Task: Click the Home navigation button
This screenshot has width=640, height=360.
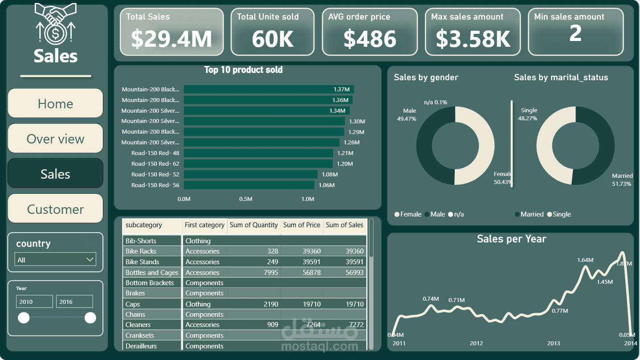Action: (55, 103)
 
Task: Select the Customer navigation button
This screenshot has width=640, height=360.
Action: (55, 209)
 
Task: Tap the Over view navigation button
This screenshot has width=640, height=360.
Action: (55, 139)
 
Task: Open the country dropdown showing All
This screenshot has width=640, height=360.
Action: (56, 260)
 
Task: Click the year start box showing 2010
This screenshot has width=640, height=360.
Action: (34, 302)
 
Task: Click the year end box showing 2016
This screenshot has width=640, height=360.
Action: (74, 302)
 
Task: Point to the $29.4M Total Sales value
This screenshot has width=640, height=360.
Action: (171, 38)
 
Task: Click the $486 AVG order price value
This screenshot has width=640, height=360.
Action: (370, 38)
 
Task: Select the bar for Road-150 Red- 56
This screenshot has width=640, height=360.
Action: (249, 185)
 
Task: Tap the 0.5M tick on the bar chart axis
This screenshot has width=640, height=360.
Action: (246, 199)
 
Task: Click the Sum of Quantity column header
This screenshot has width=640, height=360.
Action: (253, 225)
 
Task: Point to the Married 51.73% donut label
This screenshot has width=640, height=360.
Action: (622, 180)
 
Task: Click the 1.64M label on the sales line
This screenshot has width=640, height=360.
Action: (585, 260)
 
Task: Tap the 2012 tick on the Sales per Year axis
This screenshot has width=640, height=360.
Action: (476, 343)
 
